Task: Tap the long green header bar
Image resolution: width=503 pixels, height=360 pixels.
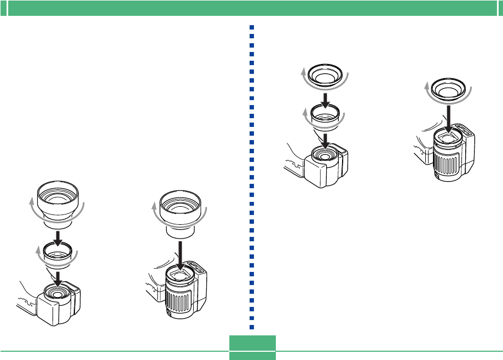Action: (251, 8)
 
